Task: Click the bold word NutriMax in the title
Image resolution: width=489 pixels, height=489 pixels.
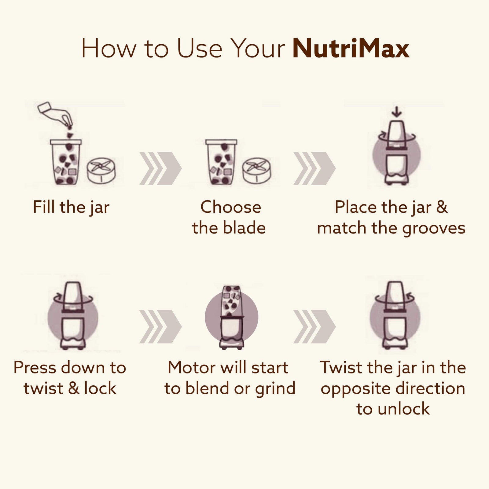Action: (351, 49)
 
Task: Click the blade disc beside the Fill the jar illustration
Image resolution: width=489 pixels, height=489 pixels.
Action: (101, 170)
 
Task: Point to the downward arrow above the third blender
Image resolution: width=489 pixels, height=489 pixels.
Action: (397, 112)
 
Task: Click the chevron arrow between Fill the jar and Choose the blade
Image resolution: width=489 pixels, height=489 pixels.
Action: (160, 168)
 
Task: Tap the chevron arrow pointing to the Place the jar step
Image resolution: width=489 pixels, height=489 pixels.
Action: (314, 168)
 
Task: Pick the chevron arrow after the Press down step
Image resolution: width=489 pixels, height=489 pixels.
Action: (160, 326)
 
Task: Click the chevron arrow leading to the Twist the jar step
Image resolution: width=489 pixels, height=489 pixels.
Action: (314, 326)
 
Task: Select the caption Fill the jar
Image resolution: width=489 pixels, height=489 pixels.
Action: (71, 208)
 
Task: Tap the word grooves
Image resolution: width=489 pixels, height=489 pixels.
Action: (434, 229)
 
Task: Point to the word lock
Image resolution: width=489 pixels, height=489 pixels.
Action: (100, 388)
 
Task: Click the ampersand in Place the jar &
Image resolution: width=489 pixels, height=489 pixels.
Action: (442, 207)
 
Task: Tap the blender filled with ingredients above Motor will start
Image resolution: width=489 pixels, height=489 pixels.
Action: (232, 317)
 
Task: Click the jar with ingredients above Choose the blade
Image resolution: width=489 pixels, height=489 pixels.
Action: (221, 162)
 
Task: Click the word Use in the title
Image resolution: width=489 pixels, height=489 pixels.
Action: (200, 49)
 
